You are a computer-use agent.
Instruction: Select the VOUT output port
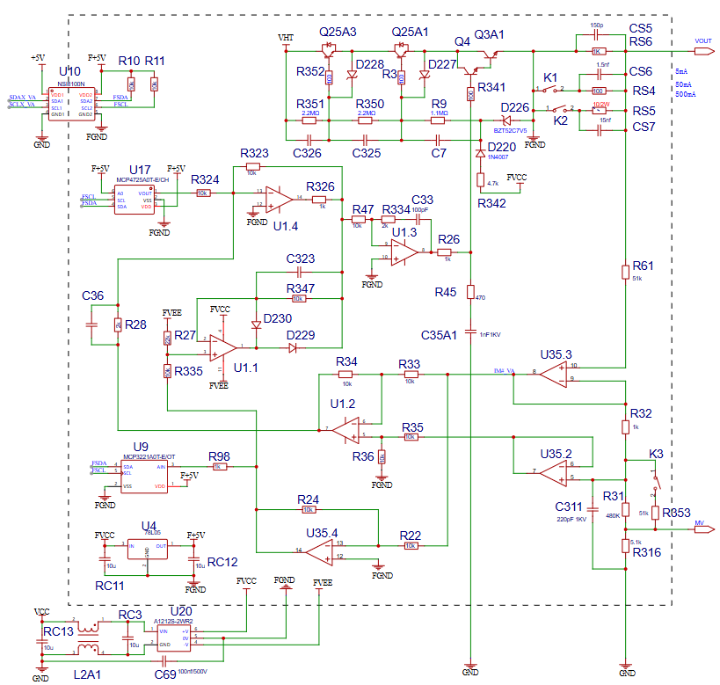pyautogui.click(x=702, y=40)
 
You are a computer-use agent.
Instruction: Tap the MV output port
pyautogui.click(x=703, y=529)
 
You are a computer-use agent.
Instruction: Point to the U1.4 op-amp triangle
pyautogui.click(x=278, y=199)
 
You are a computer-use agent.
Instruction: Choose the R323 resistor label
pyautogui.click(x=255, y=153)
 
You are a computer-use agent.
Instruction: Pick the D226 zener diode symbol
pyautogui.click(x=505, y=120)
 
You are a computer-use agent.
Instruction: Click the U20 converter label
pyautogui.click(x=181, y=611)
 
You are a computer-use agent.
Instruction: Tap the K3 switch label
pyautogui.click(x=656, y=454)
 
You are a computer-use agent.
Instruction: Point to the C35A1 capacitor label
pyautogui.click(x=440, y=335)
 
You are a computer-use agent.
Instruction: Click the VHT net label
pyautogui.click(x=286, y=39)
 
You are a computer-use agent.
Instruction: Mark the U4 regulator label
pyautogui.click(x=149, y=526)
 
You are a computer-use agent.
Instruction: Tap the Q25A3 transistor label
pyautogui.click(x=338, y=32)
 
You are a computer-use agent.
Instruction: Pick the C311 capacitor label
pyautogui.click(x=569, y=507)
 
